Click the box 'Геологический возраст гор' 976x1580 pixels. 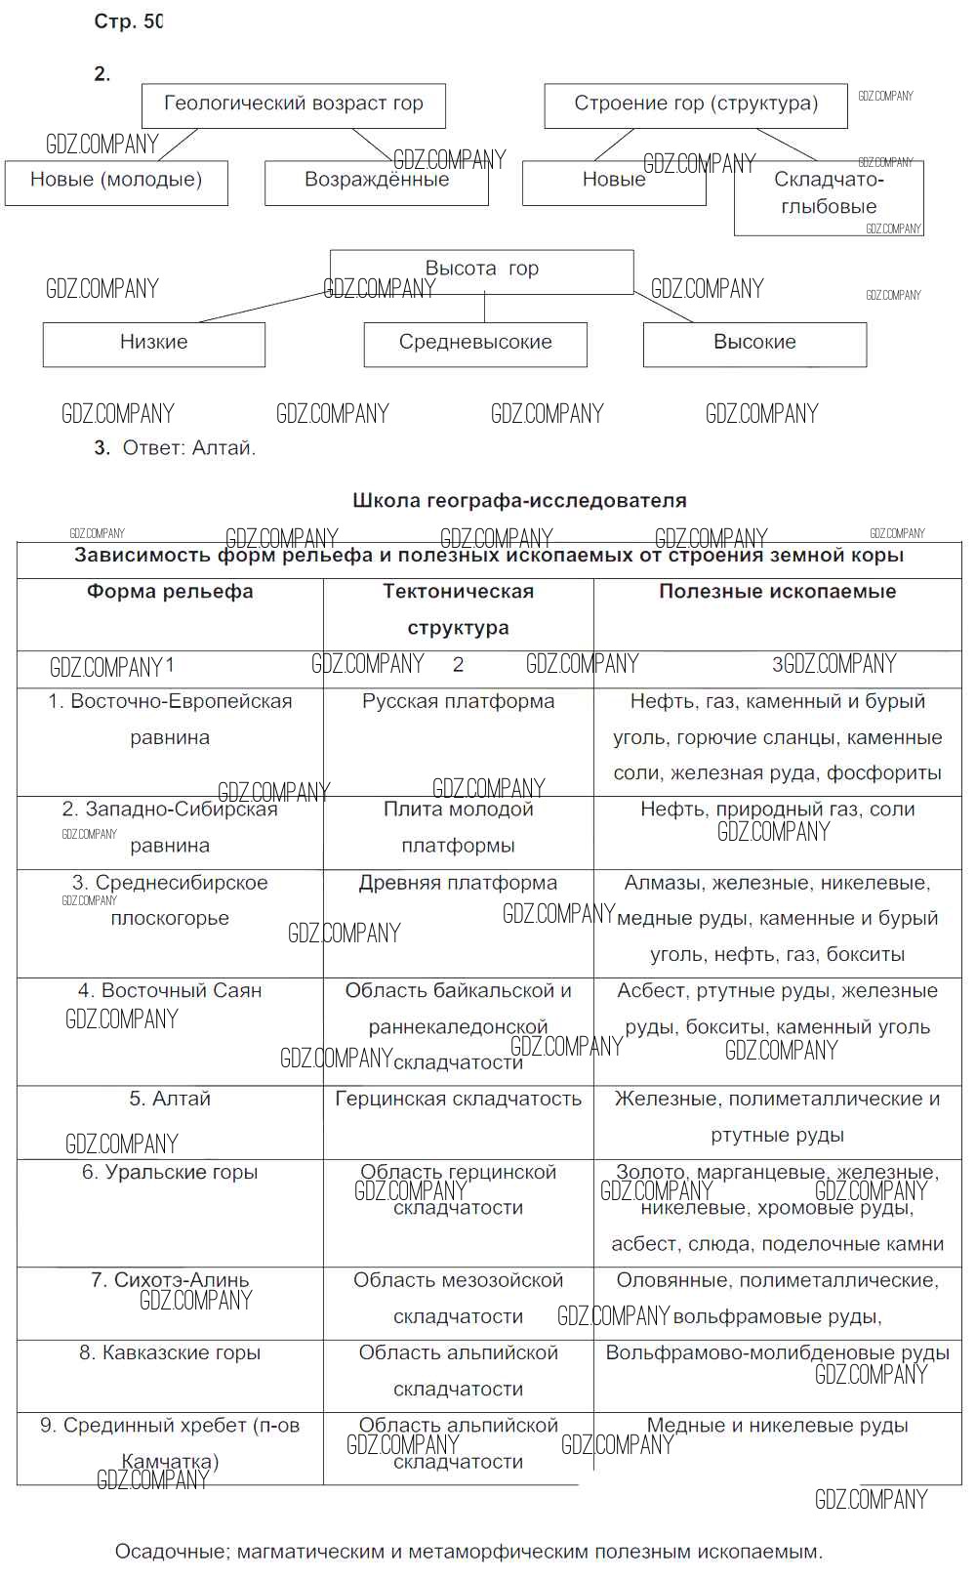coord(293,104)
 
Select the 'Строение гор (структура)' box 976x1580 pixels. coord(695,104)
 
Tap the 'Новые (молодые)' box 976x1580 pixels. coord(115,182)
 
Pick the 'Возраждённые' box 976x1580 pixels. coord(376,182)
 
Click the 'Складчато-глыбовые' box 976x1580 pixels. coord(828,195)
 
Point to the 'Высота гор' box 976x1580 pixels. coord(481,270)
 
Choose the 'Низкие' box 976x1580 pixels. coord(153,344)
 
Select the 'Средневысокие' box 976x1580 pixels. coord(475,344)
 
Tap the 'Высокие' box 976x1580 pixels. coord(754,344)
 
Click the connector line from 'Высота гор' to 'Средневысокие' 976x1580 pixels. coord(485,309)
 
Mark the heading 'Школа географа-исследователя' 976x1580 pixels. coord(519,501)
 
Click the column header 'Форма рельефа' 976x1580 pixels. coord(170,592)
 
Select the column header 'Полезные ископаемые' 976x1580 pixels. coord(777,592)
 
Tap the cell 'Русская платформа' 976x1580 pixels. coord(458,702)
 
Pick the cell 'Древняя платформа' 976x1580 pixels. coord(458,883)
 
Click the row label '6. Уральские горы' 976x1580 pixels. coord(170,1172)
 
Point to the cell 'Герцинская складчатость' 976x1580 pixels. coord(458,1100)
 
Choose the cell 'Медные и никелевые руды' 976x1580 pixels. coord(777,1426)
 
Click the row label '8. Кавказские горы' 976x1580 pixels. coord(170,1353)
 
